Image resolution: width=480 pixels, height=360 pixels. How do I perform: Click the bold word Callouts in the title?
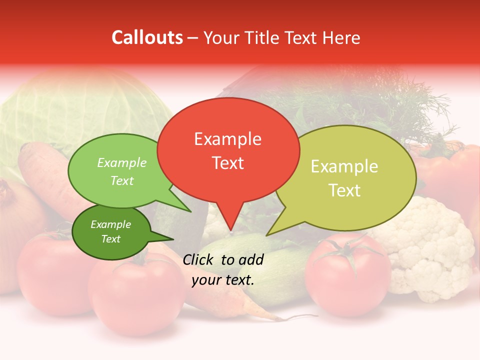[x=147, y=37]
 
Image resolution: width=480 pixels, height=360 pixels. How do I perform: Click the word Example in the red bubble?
[x=227, y=139]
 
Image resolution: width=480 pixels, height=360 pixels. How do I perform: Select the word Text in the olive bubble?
[x=344, y=190]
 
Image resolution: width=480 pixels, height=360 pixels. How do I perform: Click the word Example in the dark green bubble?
[x=110, y=224]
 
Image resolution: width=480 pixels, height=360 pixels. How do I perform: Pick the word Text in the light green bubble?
[x=122, y=181]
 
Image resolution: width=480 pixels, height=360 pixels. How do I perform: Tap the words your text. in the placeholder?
[x=223, y=280]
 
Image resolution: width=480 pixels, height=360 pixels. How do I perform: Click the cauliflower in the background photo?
[x=430, y=250]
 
